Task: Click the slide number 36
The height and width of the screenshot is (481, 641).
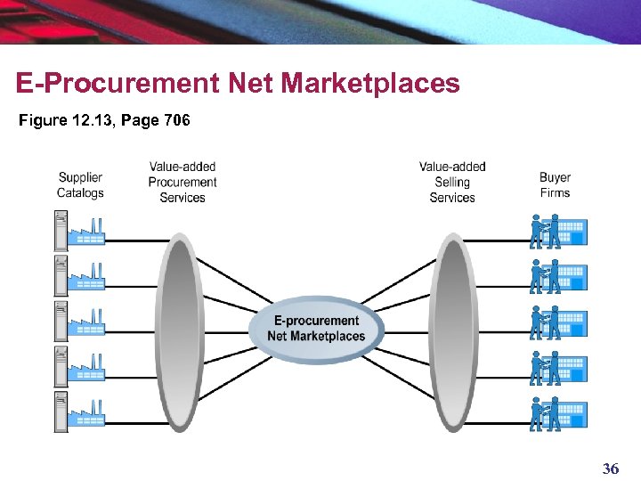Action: [x=611, y=469]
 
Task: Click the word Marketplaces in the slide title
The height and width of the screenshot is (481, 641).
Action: [x=369, y=84]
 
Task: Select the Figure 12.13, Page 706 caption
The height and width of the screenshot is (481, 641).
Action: [x=104, y=120]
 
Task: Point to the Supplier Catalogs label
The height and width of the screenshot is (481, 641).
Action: [x=80, y=185]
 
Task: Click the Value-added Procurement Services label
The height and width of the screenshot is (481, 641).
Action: [x=183, y=182]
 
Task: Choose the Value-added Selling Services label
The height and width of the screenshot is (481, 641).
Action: [x=452, y=182]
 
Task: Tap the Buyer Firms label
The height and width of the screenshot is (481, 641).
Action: [x=555, y=185]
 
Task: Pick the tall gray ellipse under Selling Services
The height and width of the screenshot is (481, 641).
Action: [x=453, y=331]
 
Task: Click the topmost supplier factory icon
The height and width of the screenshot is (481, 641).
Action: [x=80, y=229]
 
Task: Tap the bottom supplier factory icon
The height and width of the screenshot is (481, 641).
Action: [x=80, y=411]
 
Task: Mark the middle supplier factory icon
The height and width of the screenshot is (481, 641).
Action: [x=80, y=320]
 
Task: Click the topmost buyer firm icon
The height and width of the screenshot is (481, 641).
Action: [x=558, y=231]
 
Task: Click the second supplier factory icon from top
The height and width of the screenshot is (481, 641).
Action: [x=80, y=274]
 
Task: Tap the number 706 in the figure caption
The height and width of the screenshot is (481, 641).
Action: [x=176, y=120]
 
